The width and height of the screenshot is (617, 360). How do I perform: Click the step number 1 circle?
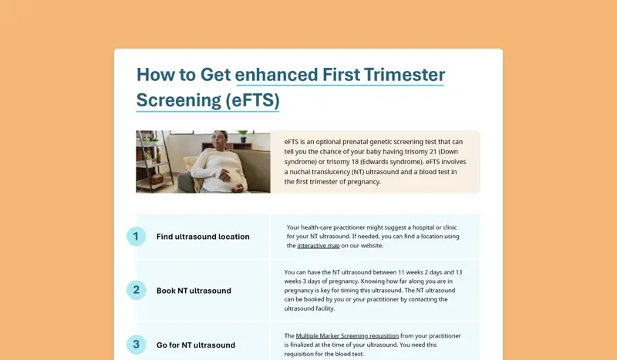click(137, 237)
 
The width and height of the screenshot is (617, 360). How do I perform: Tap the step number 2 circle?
click(137, 290)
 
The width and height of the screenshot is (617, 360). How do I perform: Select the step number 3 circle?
click(137, 345)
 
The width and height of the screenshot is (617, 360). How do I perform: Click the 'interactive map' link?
click(319, 245)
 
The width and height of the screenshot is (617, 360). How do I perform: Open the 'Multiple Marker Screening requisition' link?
click(347, 335)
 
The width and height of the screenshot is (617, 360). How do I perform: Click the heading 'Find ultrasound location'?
click(203, 237)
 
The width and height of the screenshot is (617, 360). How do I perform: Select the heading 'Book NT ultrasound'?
click(194, 291)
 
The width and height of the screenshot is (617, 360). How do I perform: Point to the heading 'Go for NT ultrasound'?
click(196, 345)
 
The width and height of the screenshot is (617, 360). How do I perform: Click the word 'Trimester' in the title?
click(404, 75)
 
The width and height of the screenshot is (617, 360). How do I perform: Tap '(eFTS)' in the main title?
click(253, 100)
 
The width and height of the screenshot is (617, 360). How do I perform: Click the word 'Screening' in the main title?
click(179, 100)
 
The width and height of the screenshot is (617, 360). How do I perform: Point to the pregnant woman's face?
click(221, 139)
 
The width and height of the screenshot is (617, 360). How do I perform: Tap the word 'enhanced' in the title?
click(276, 75)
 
